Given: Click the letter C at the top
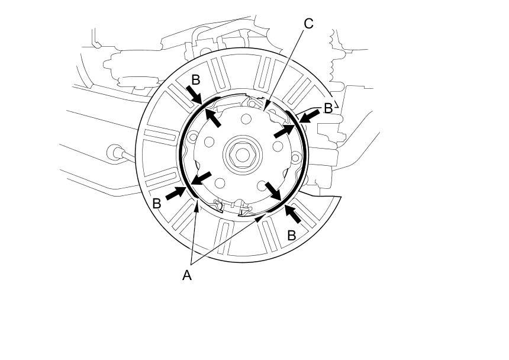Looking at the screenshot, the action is tap(308, 24).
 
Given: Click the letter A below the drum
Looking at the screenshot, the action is tap(187, 275).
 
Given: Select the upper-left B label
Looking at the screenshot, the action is tap(196, 79).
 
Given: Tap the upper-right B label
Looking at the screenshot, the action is tap(328, 108).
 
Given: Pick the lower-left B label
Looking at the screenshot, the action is tap(157, 203).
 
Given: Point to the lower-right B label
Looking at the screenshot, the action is tap(291, 235).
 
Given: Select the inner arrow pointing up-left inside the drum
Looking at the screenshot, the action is tap(213, 115).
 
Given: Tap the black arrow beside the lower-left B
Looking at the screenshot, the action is tap(176, 192).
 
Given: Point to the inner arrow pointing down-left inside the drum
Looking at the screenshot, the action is tap(201, 179).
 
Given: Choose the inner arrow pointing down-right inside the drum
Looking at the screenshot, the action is tap(273, 192).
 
